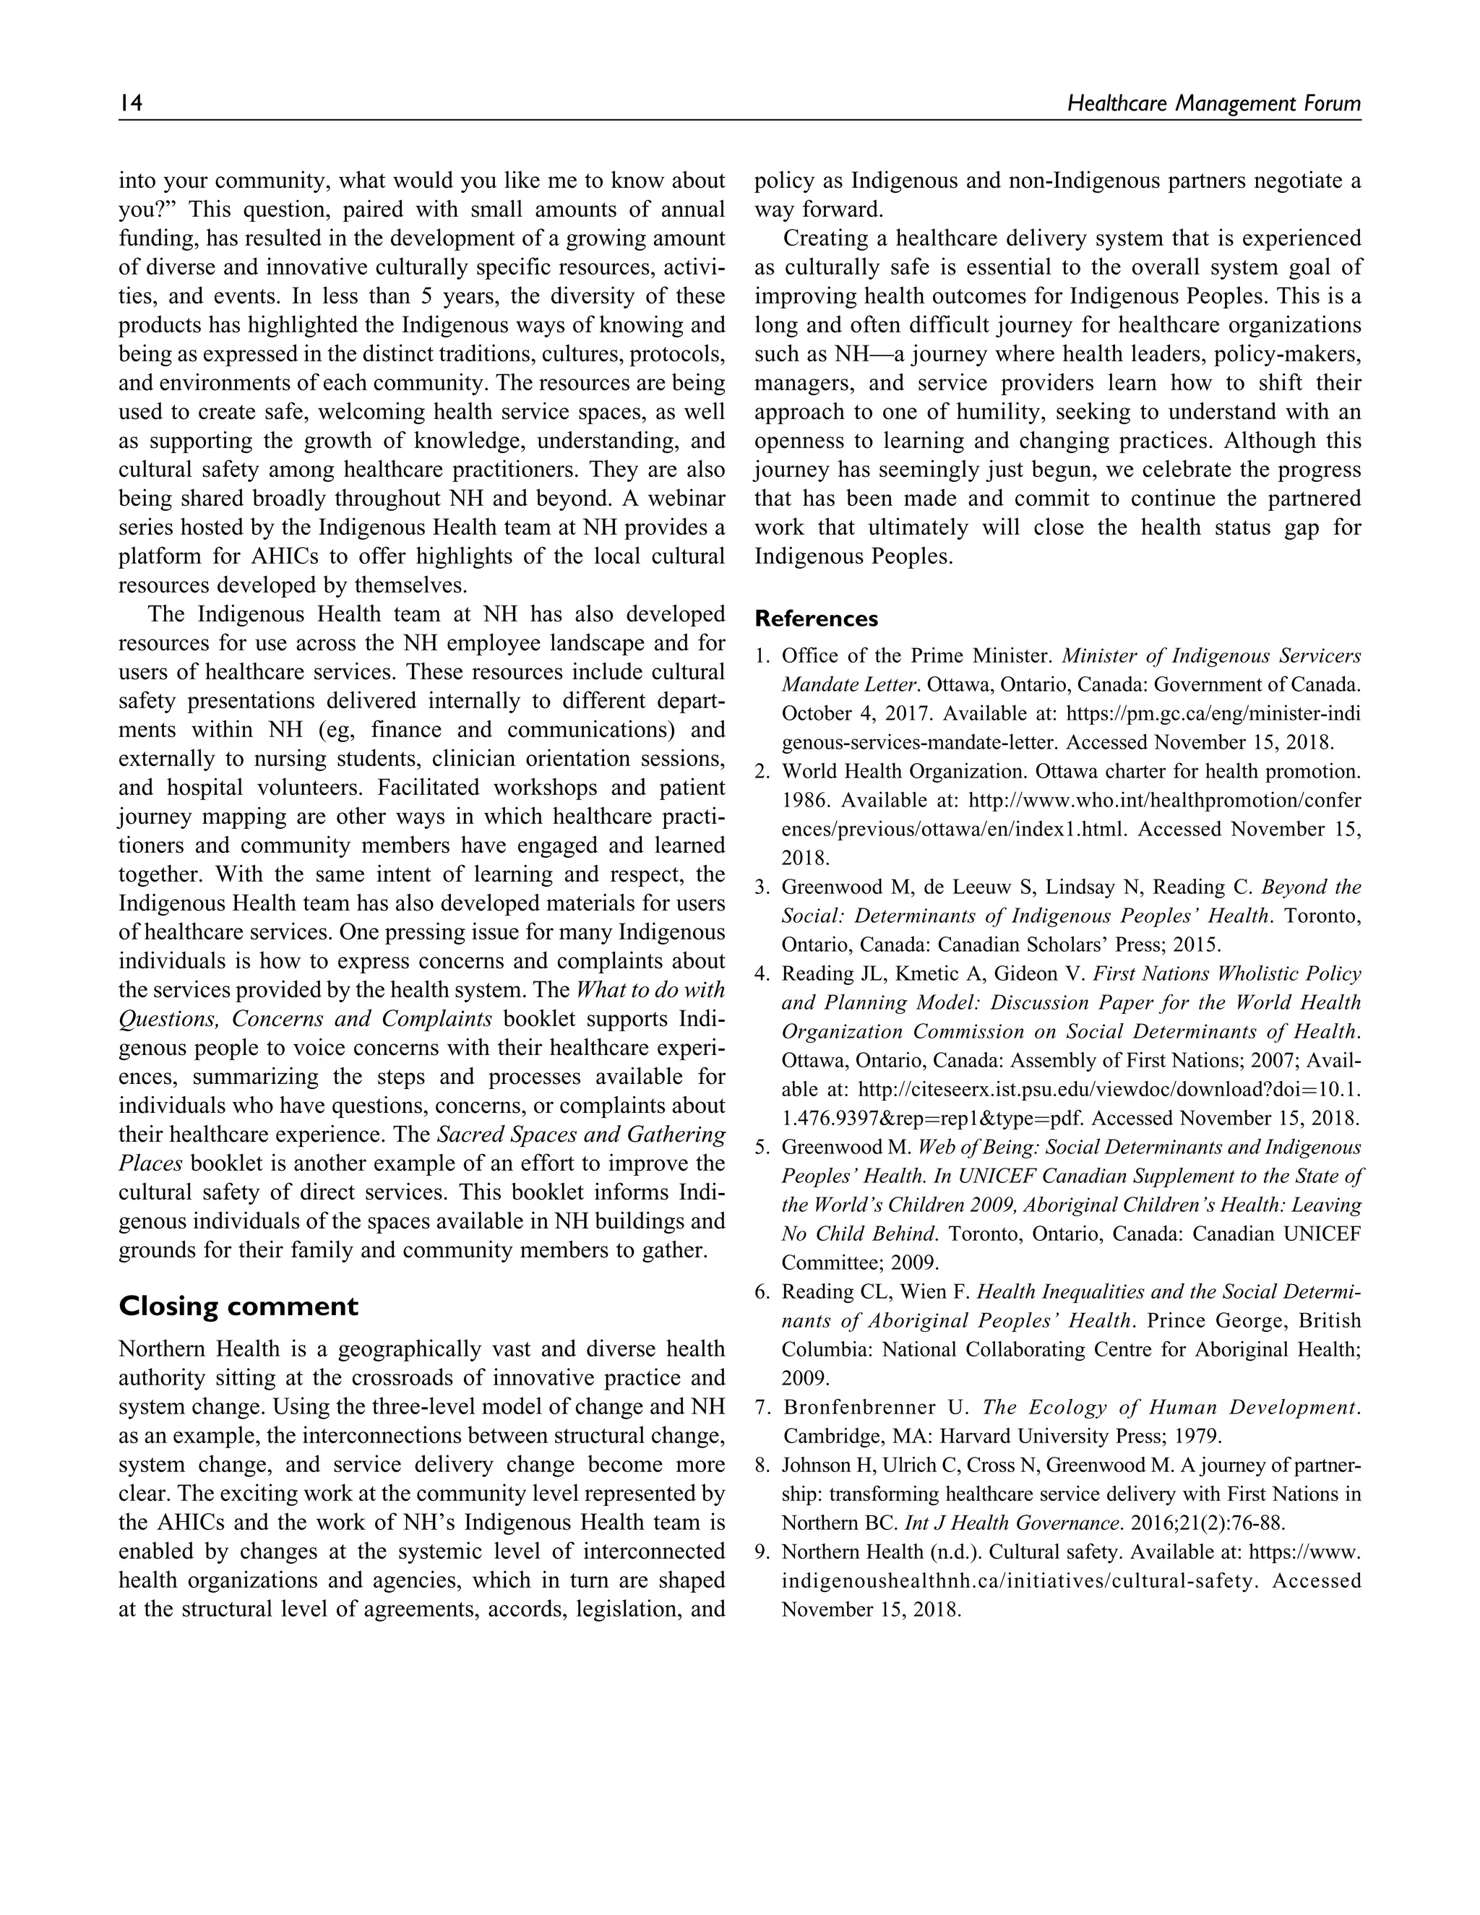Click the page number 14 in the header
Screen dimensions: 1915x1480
tap(131, 103)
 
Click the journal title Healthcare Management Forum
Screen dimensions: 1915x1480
tap(1213, 103)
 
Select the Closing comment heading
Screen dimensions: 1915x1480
tap(238, 1307)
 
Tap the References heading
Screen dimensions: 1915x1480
tap(817, 619)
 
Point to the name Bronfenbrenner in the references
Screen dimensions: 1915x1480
tap(863, 1407)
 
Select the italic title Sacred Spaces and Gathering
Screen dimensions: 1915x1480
tap(581, 1135)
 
